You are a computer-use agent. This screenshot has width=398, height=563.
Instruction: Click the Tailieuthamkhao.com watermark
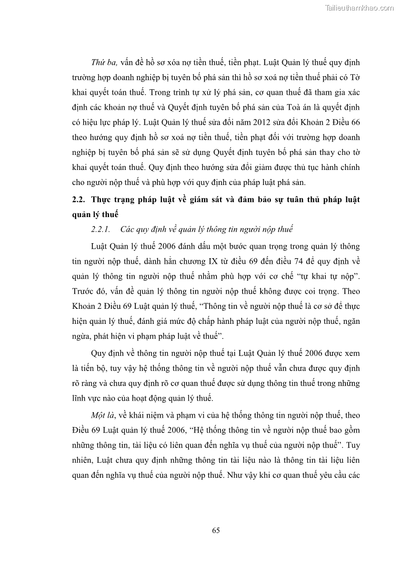[x=359, y=8]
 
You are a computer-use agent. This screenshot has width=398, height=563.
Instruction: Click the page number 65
[x=216, y=530]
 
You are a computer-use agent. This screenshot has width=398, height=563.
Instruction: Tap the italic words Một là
[x=102, y=416]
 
